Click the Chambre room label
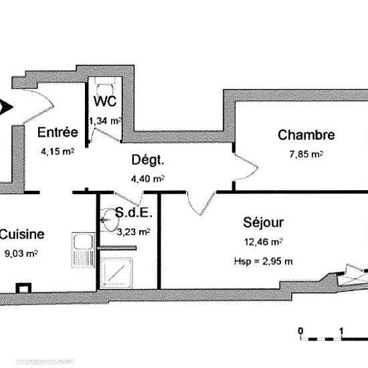pos(306,135)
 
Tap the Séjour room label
pos(264,222)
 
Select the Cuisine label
pos(21,234)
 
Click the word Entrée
pos(58,132)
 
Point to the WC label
pos(105,101)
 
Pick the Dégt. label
pos(148,160)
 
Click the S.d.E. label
pos(134,213)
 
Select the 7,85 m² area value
pos(306,154)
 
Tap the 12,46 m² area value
pos(264,242)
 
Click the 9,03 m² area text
pos(21,254)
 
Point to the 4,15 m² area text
pos(58,151)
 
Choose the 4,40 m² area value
pos(148,179)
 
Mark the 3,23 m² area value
pos(134,232)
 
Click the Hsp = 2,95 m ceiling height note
pos(264,261)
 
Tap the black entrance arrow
pos(5,107)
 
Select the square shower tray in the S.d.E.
pos(116,273)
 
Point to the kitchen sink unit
pos(84,250)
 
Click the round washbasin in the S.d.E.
pos(110,220)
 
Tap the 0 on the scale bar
pos(300,331)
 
